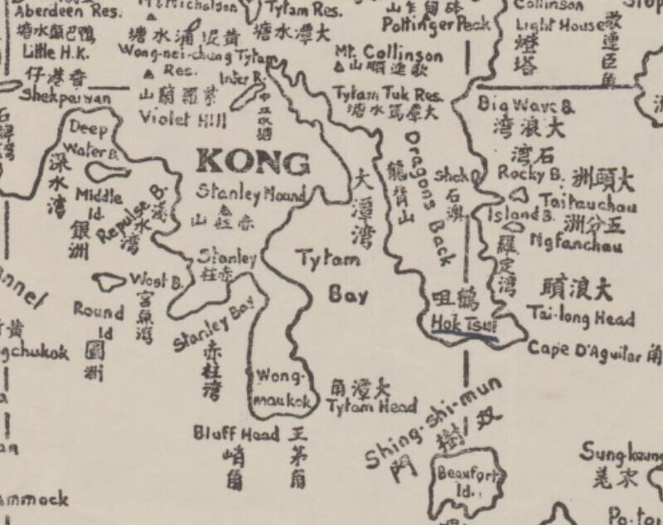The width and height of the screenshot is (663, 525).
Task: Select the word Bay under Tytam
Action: (347, 294)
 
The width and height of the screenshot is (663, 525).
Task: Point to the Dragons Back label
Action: (432, 199)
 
